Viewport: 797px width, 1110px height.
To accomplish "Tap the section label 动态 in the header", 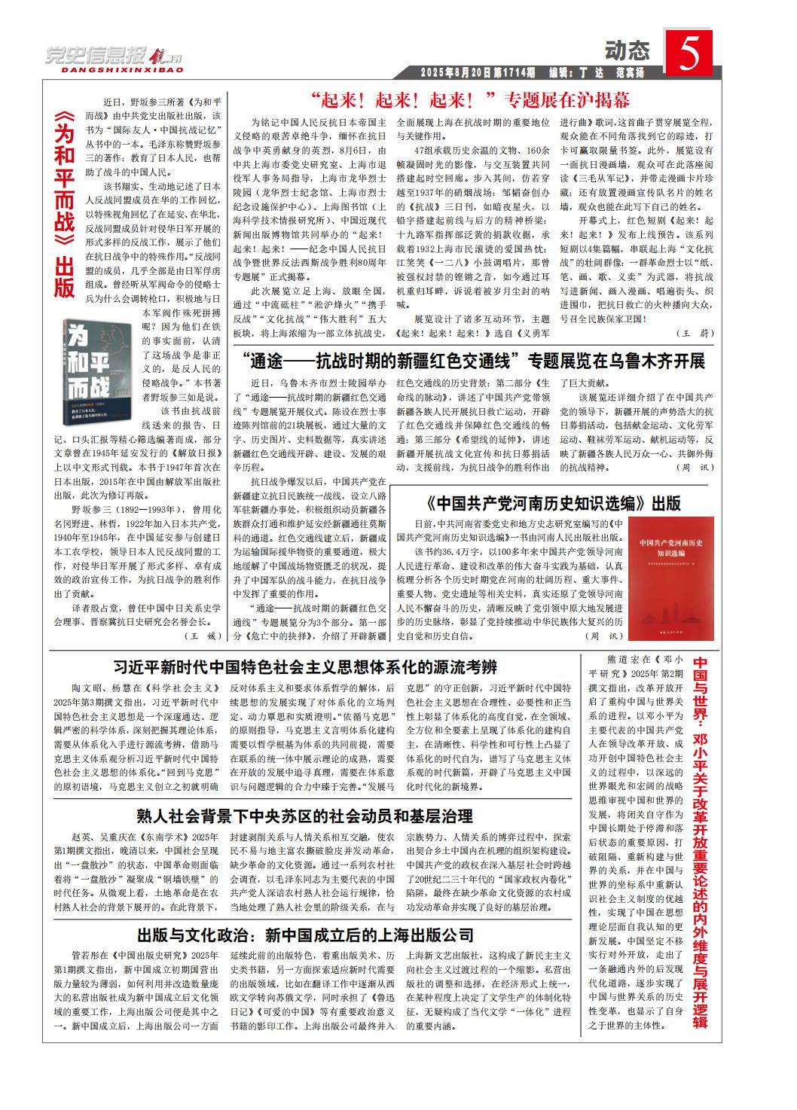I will click(627, 51).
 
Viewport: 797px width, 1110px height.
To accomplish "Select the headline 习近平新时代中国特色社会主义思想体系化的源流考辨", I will click(305, 666).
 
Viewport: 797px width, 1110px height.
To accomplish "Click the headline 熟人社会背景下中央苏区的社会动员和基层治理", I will click(305, 816).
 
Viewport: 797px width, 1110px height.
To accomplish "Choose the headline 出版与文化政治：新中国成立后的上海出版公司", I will click(305, 935).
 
